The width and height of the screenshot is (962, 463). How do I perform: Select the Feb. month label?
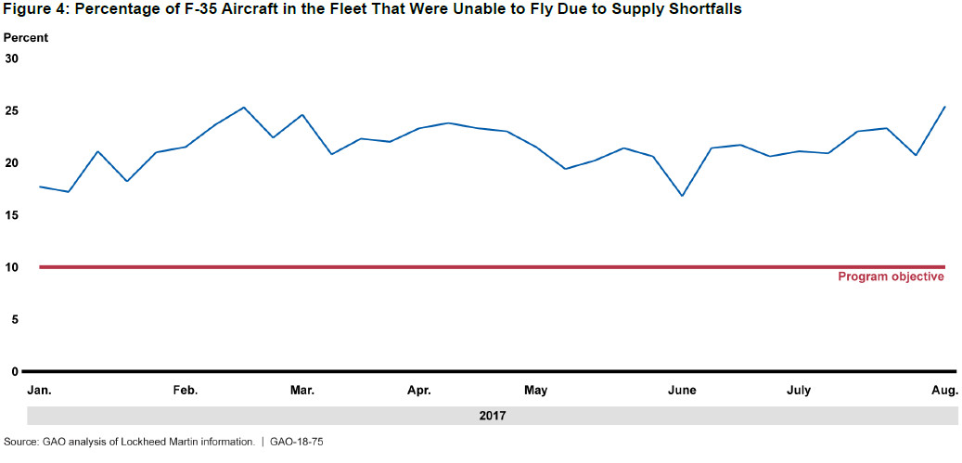[186, 391]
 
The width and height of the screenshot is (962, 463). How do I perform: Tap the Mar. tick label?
[302, 391]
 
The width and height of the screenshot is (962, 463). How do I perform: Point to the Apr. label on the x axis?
[419, 391]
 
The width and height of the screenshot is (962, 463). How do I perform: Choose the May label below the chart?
[535, 391]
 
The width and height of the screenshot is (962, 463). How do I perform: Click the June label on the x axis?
[682, 391]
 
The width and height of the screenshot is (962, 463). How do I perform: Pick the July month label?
[799, 391]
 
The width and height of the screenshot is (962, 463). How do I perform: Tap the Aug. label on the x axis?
[945, 391]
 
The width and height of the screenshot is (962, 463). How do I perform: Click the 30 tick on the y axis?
[12, 58]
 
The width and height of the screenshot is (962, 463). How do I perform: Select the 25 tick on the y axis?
[12, 111]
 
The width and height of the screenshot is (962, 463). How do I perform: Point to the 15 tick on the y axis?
[12, 215]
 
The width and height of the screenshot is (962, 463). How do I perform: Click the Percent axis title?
[26, 38]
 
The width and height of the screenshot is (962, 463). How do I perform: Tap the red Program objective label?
[891, 277]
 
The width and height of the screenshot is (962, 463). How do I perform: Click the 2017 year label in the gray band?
[493, 416]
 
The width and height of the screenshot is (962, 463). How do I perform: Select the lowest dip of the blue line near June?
[682, 196]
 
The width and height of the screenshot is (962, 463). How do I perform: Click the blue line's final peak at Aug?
[944, 107]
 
